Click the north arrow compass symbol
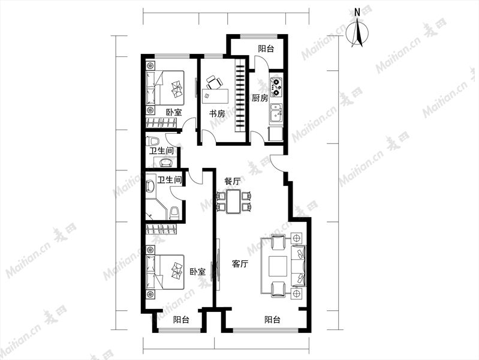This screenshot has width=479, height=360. [x=357, y=33]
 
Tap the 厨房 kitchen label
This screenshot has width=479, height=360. [x=260, y=98]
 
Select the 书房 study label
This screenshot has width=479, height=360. [x=217, y=114]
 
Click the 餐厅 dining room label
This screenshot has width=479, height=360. [x=232, y=181]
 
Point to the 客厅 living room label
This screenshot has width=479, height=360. [x=240, y=263]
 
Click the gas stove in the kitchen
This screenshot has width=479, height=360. [x=276, y=86]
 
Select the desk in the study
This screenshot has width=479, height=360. [x=215, y=97]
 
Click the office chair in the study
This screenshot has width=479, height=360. [x=214, y=83]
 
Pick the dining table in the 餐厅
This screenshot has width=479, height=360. [x=234, y=201]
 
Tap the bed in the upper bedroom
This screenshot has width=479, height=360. [x=165, y=88]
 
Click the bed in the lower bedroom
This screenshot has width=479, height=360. [x=165, y=272]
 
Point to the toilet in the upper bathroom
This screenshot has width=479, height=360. [x=153, y=142]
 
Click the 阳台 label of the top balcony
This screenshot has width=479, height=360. [x=266, y=49]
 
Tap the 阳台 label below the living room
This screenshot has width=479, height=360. [x=272, y=320]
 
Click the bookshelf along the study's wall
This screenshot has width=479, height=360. [x=240, y=96]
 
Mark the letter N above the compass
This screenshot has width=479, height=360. [x=357, y=12]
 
